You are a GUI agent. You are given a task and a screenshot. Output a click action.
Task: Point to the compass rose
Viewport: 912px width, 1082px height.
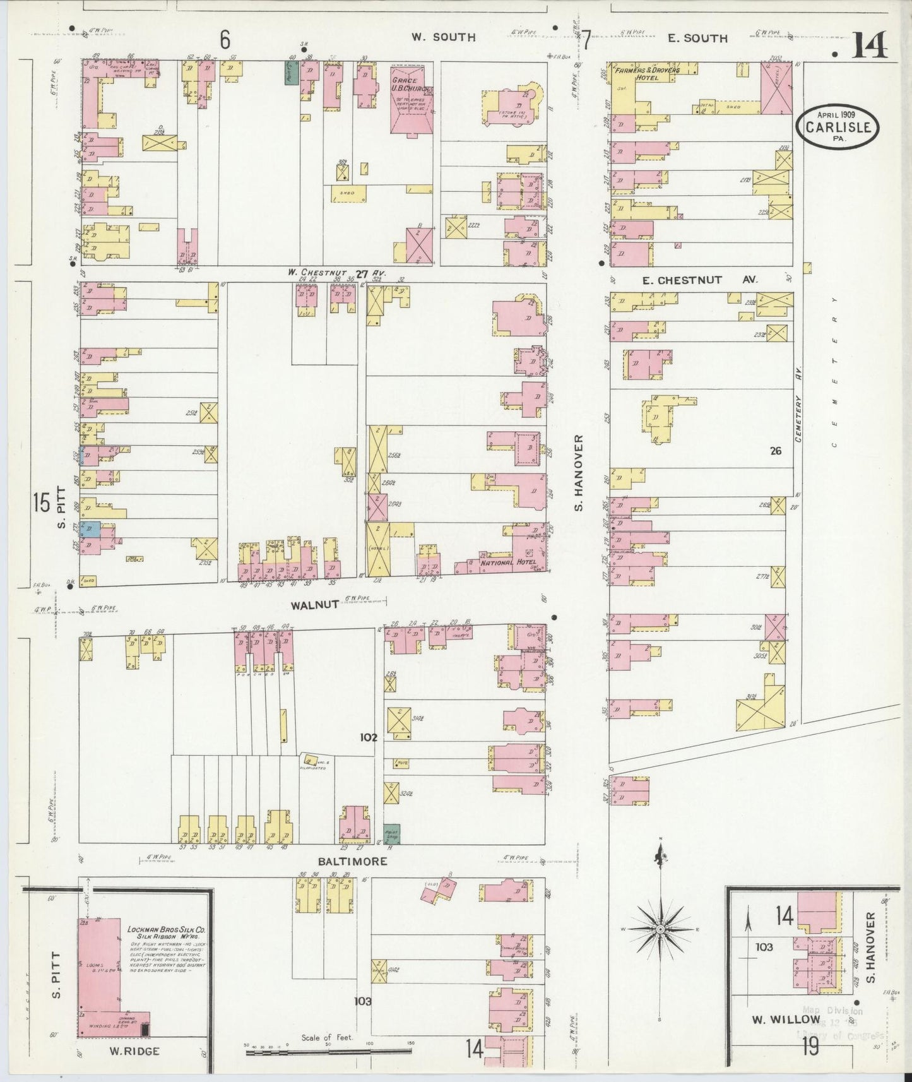[x=660, y=929]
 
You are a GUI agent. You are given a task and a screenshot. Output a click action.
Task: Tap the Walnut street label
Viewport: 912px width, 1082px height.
[x=312, y=605]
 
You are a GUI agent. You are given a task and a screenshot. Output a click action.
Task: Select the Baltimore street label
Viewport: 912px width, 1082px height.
[x=352, y=861]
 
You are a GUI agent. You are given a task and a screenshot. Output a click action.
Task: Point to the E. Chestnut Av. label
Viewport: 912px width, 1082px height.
[x=699, y=280]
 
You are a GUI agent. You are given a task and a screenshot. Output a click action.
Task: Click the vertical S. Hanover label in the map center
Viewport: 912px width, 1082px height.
[x=580, y=472]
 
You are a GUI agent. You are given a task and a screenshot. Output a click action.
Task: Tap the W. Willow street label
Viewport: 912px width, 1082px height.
[x=786, y=1020]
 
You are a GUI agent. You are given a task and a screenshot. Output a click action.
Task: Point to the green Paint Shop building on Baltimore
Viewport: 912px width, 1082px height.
[x=391, y=834]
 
